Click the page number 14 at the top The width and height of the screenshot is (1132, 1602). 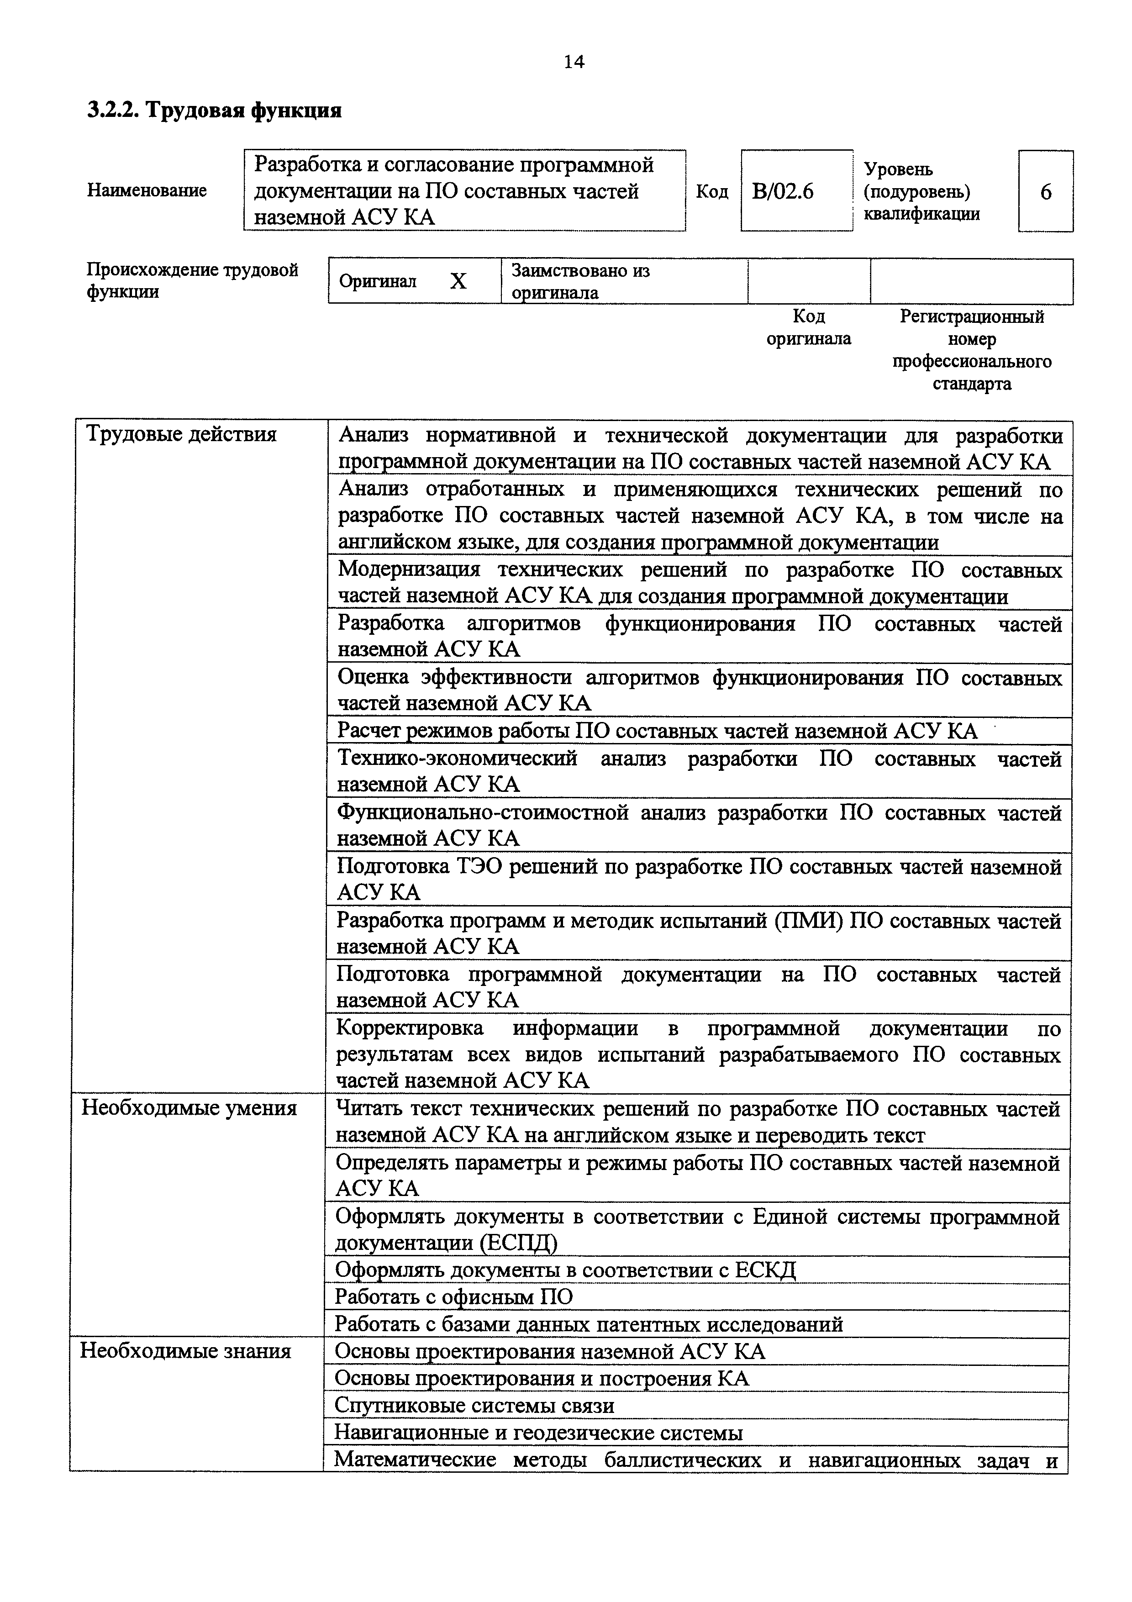coord(574,62)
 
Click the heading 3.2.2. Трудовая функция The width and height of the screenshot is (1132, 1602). coord(215,110)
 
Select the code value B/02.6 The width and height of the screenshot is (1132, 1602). coord(783,191)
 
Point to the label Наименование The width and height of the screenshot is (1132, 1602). coord(147,190)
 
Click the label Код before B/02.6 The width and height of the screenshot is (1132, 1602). coord(711,191)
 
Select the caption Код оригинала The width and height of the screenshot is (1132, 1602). coord(808,328)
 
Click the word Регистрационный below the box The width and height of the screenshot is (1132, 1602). coord(972,317)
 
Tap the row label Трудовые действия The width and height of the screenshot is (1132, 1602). coord(181,435)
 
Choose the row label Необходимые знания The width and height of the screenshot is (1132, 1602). coord(185,1351)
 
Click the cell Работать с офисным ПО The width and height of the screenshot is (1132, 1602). coord(453,1297)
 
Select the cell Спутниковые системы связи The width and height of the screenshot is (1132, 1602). coord(474,1405)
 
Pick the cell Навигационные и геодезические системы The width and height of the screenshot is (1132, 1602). coord(538,1433)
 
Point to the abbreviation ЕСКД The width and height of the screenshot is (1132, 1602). coord(765,1270)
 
